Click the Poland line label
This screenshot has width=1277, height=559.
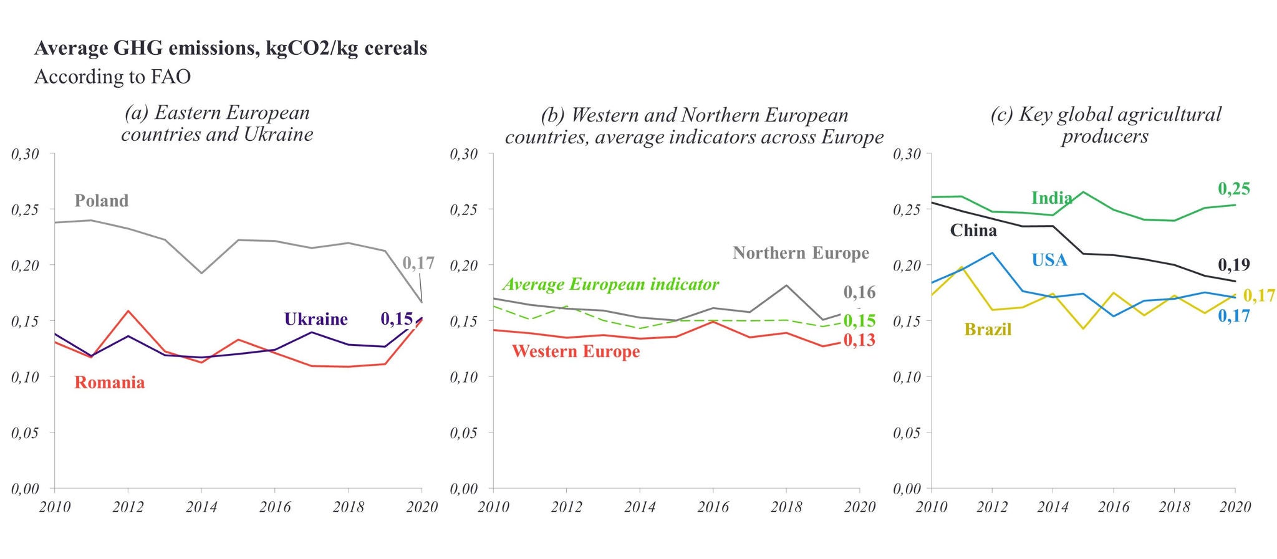102,201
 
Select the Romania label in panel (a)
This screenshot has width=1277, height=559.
110,382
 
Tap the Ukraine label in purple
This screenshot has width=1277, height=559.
316,319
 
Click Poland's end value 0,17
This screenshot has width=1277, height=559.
418,263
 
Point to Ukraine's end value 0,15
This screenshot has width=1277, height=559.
397,319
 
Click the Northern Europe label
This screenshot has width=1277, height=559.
801,253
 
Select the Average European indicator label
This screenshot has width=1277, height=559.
610,284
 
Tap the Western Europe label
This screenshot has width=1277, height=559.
576,351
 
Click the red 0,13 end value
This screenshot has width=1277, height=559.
859,340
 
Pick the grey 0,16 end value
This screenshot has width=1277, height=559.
859,292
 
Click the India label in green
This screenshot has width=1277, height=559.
1051,198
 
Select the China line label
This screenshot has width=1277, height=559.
973,231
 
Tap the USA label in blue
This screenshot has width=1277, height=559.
1049,260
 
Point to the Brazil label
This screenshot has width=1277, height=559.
988,329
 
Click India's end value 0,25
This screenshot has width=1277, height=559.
1234,189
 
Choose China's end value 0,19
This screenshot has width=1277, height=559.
1234,265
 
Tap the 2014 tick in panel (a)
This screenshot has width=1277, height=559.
201,507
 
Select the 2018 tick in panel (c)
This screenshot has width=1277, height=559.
1174,507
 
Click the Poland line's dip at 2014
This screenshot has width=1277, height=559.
201,273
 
